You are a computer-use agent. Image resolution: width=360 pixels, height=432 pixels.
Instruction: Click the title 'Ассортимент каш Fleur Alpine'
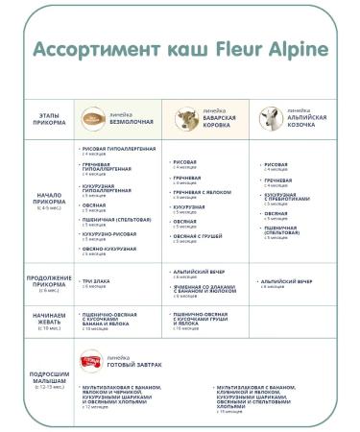pyautogui.click(x=180, y=49)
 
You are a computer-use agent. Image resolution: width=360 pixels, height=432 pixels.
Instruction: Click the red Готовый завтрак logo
pyautogui.click(x=93, y=357)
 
